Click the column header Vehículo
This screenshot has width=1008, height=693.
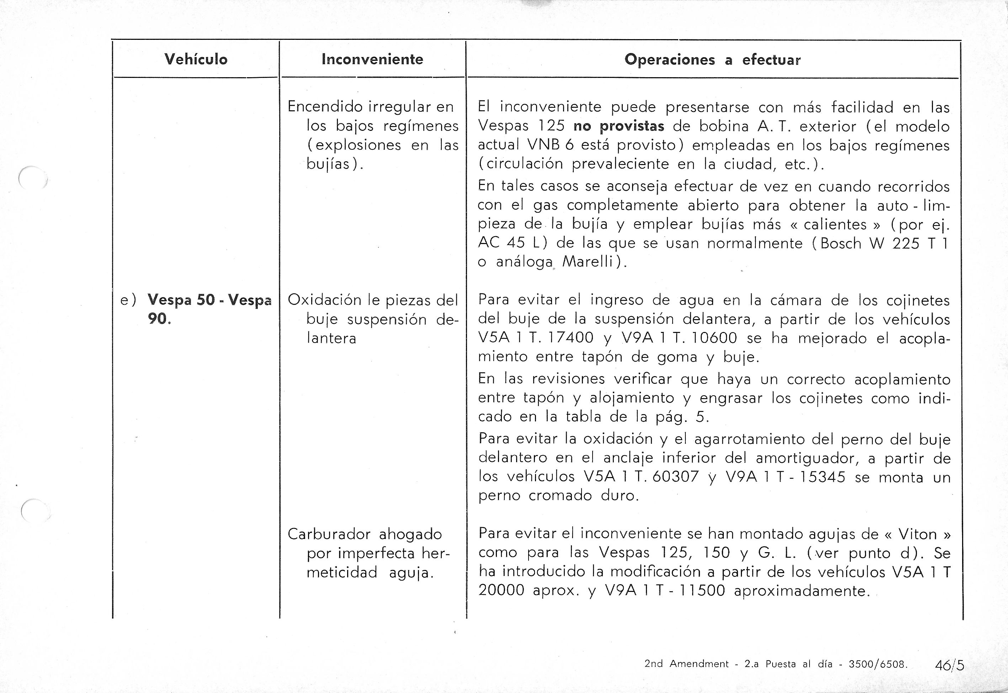[196, 59]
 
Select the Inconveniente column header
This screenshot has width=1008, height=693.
[372, 59]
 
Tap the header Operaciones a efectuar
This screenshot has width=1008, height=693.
[712, 59]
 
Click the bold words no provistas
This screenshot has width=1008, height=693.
[619, 126]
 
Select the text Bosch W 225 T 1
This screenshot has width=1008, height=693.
[882, 243]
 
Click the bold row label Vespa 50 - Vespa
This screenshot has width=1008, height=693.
[209, 300]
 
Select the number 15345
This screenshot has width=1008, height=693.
[822, 477]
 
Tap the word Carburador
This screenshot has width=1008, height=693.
[329, 534]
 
